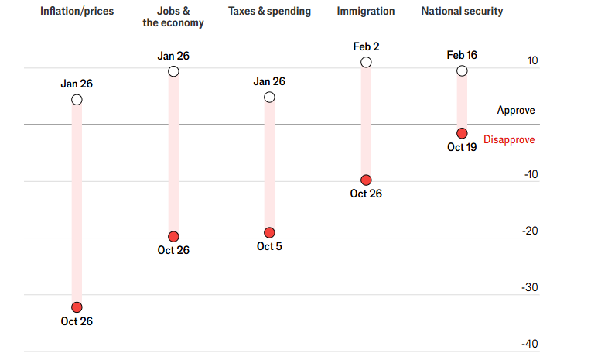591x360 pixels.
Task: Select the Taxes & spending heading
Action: click(269, 12)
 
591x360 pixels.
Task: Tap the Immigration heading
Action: click(366, 12)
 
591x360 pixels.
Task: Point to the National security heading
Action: click(461, 12)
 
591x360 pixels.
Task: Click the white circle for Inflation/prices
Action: click(77, 99)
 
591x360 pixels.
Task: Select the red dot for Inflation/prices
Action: click(77, 307)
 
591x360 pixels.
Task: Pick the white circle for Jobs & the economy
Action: click(173, 71)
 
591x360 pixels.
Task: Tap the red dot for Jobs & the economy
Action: click(173, 236)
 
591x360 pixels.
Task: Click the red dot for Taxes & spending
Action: click(269, 232)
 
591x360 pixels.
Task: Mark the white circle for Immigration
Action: click(366, 62)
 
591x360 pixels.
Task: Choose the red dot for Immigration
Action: click(366, 180)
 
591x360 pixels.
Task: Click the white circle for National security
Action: click(462, 70)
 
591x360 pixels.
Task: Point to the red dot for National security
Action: click(462, 133)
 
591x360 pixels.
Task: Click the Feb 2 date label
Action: click(366, 46)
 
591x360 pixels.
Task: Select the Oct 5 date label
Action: click(269, 247)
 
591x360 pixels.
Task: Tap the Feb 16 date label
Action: click(462, 55)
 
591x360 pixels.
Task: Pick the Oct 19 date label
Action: click(462, 147)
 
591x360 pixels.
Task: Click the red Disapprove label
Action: click(509, 140)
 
